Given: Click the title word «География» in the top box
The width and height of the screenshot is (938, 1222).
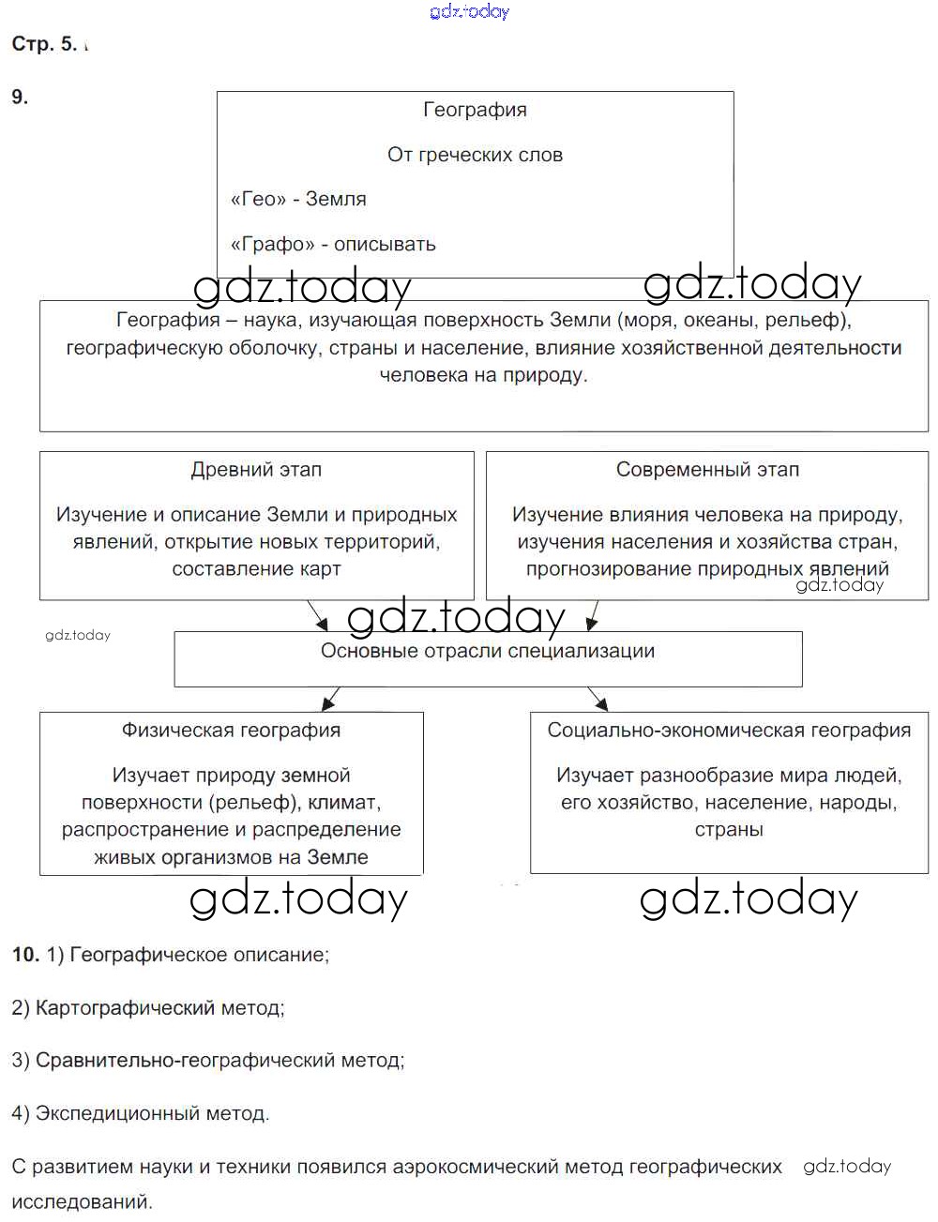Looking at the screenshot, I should (475, 110).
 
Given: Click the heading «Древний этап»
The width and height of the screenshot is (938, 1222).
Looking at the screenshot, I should (256, 470).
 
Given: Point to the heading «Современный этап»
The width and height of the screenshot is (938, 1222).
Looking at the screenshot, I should (707, 470).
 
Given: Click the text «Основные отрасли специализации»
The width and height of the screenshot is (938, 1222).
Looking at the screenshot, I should (488, 651).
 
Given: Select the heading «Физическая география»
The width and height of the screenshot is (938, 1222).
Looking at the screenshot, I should (231, 730).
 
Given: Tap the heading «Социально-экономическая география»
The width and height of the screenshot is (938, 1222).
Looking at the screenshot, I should (729, 730).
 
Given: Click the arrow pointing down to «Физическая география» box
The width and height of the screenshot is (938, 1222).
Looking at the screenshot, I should (330, 700).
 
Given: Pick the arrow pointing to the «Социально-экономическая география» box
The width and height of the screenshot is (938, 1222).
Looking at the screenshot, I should (598, 700).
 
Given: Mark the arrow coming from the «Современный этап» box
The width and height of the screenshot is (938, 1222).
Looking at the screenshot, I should (593, 616).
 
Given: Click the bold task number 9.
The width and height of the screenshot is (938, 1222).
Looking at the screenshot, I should (20, 97).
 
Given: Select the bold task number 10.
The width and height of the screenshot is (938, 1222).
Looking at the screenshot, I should (25, 955).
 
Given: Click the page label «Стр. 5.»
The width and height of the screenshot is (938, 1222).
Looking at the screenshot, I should (44, 44).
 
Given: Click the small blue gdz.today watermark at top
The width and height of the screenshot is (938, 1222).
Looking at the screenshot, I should (469, 11).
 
